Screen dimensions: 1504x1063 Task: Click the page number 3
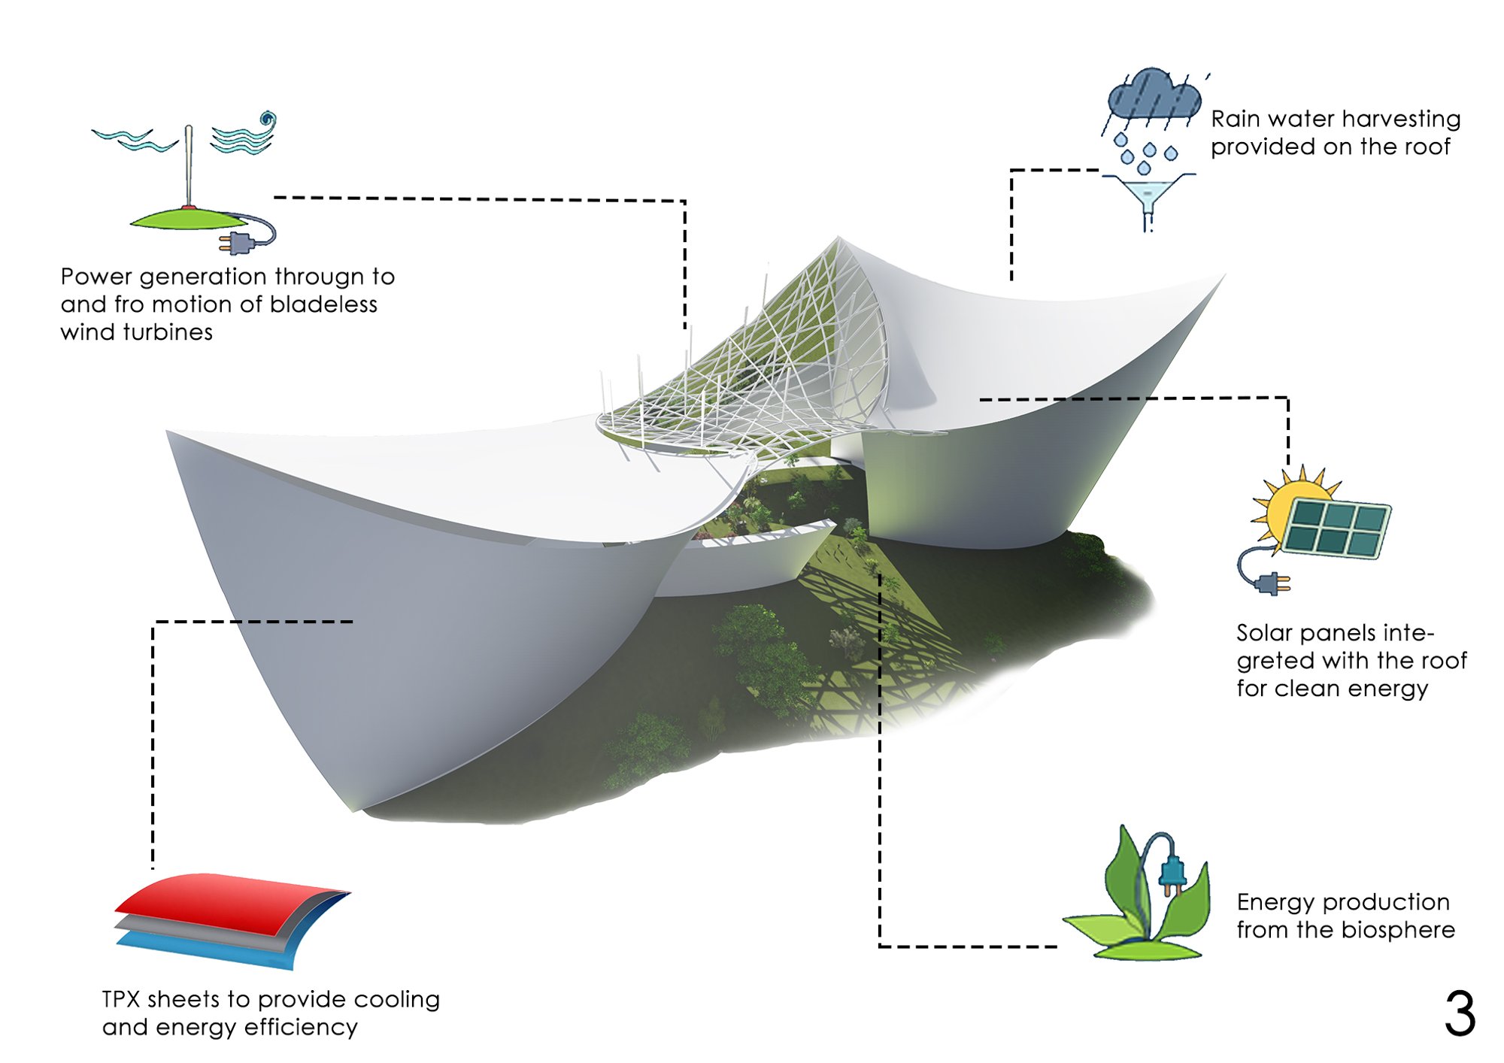(x=1460, y=1013)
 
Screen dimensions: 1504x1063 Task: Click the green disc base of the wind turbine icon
(x=188, y=219)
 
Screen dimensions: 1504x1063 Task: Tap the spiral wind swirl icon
(x=267, y=120)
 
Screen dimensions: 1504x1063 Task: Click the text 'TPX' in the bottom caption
(x=121, y=999)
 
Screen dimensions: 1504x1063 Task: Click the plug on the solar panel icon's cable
(x=1271, y=583)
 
